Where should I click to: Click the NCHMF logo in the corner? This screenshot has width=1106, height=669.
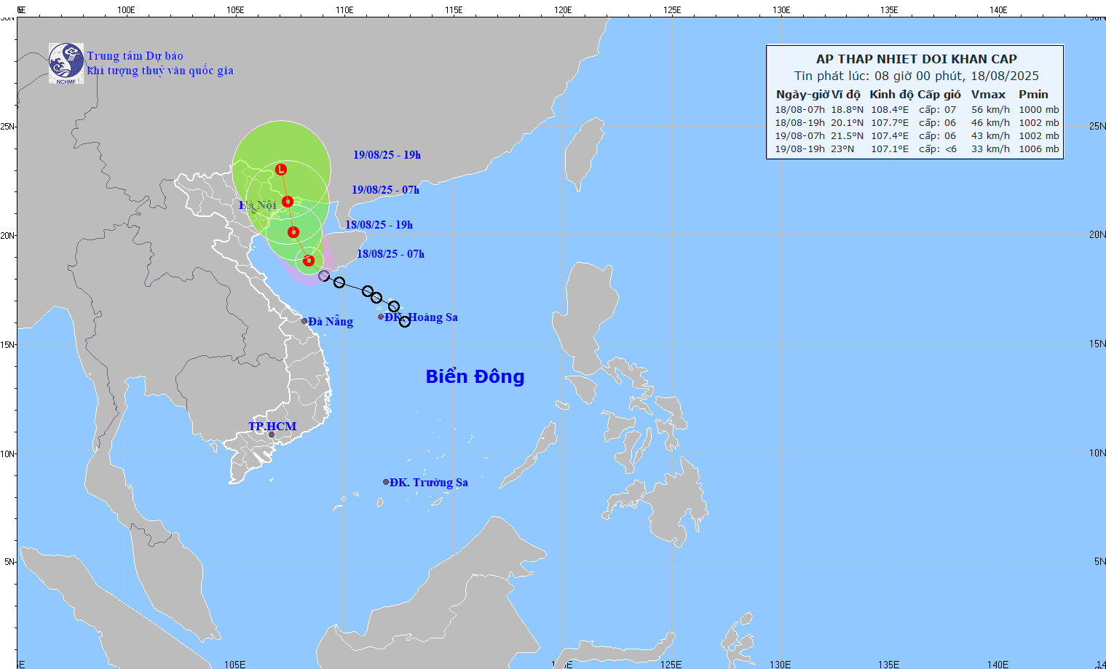66,63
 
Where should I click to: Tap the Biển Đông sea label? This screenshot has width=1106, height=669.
475,376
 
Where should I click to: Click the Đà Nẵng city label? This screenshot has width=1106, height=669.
330,321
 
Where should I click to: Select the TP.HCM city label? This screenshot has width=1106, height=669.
272,426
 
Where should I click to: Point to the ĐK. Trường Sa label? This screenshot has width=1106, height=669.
428,482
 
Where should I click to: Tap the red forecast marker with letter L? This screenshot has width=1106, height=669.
281,170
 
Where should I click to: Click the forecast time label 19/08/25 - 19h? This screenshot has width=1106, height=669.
387,155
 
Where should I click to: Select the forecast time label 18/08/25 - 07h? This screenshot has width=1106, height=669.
390,254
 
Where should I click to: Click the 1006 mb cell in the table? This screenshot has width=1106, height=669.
1038,149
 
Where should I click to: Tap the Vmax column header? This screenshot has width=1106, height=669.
988,95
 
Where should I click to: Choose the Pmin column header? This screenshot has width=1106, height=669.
1033,95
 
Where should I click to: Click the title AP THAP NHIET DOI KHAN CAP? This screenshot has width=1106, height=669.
916,59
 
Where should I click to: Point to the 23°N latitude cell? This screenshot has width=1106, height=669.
842,149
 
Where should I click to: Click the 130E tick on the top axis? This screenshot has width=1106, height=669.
781,9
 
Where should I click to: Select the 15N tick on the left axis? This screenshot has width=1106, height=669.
7,344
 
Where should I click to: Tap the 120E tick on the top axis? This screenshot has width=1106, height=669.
563,9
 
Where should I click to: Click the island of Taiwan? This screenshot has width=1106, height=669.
584,153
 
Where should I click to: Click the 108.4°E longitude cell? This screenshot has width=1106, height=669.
889,110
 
